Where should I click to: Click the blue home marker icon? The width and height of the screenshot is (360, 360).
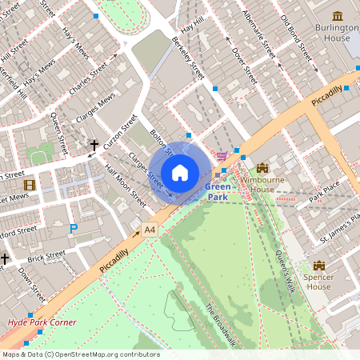point(180,173)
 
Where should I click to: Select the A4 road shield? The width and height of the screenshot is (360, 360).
point(150,230)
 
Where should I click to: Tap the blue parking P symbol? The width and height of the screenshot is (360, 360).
point(74,229)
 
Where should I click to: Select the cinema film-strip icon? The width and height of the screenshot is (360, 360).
point(30,186)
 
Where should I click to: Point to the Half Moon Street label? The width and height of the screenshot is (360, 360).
point(126,185)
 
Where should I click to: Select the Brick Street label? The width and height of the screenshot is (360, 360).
point(46,257)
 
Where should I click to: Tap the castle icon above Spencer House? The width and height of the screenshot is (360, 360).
point(318,266)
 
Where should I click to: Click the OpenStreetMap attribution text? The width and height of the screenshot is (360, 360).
point(80,354)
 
